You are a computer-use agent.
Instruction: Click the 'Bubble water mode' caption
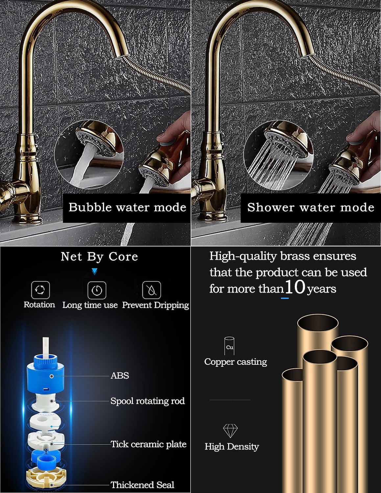tap(127, 207)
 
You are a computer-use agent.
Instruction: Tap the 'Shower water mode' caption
tap(311, 207)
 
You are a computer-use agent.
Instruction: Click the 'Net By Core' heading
tap(99, 257)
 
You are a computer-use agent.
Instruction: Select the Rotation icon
tap(40, 290)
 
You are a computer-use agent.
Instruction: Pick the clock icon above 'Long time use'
tap(97, 290)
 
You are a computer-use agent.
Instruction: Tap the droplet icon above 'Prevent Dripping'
tap(152, 290)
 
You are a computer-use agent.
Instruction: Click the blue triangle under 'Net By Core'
tap(95, 271)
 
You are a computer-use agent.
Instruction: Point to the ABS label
tap(120, 375)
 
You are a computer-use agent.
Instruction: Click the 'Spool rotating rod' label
tap(148, 401)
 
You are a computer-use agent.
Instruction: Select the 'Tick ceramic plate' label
tap(148, 444)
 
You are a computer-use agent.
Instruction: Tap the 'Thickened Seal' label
tap(142, 485)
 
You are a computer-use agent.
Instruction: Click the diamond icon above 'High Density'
tap(230, 431)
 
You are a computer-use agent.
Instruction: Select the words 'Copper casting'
tap(236, 362)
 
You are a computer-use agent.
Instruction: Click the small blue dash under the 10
tap(285, 298)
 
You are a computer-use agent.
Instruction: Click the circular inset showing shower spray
tap(278, 155)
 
